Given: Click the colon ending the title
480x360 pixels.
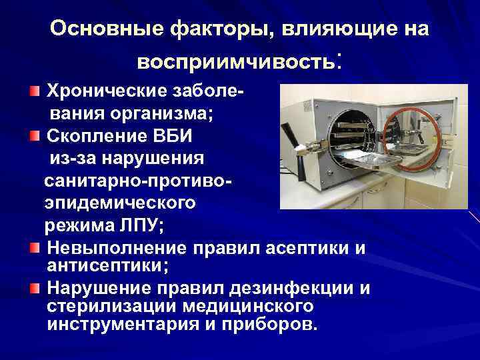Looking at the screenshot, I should click(341, 60).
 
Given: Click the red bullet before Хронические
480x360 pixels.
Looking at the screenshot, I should click(35, 90).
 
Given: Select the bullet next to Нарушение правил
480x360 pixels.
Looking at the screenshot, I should click(35, 288).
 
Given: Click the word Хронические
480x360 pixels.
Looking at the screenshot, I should click(99, 90).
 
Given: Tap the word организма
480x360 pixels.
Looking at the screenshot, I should click(167, 113).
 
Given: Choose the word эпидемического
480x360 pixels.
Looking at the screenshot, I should click(120, 203).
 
